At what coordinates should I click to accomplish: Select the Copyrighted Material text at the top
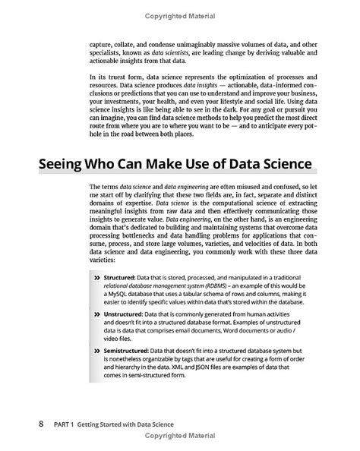[x=179, y=16]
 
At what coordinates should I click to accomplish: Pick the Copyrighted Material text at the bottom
[x=179, y=437]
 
